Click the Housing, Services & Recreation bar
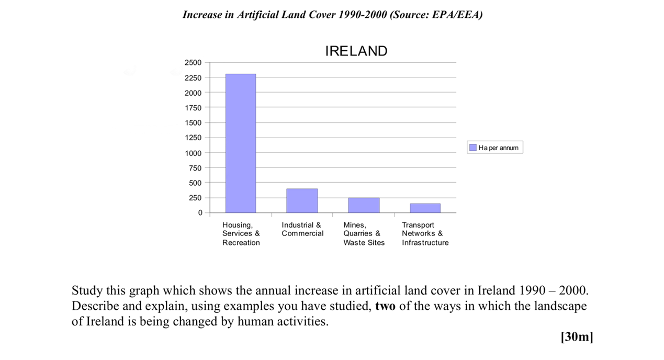click(241, 143)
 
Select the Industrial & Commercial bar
click(302, 201)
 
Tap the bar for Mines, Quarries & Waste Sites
click(364, 205)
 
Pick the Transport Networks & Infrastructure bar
click(425, 208)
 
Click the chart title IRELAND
click(356, 51)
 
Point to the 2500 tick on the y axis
click(193, 63)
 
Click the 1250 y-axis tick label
click(193, 138)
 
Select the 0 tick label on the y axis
click(199, 213)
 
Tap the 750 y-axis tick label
click(195, 168)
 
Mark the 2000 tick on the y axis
click(193, 93)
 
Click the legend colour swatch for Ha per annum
click(473, 148)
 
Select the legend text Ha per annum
click(498, 148)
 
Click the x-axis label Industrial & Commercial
click(302, 229)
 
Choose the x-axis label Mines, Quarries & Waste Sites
click(364, 234)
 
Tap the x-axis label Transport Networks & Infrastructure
click(425, 234)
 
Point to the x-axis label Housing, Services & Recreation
click(241, 234)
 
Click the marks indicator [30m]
click(577, 337)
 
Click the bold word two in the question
click(385, 306)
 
